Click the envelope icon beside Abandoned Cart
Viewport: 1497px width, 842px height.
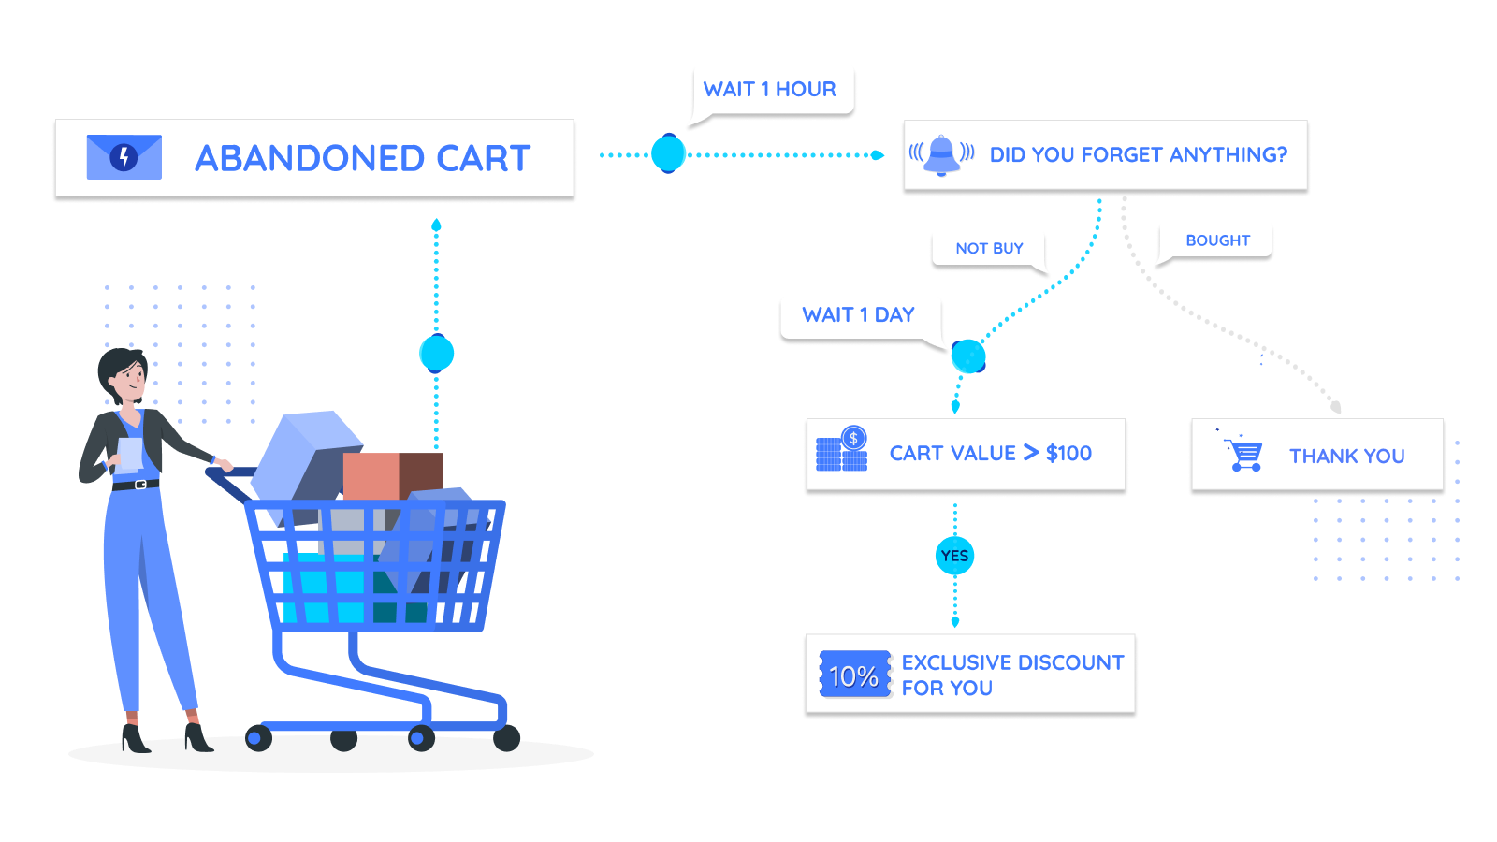124,157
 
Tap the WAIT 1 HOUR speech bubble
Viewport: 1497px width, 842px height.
770,90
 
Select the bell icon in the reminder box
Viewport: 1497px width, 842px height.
941,154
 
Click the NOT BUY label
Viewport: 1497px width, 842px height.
989,249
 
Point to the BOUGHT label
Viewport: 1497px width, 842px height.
1217,240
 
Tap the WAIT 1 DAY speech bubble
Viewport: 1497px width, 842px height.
858,315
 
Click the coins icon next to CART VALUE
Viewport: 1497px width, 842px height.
842,450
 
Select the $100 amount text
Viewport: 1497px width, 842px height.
1068,454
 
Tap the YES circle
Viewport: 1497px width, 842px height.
954,556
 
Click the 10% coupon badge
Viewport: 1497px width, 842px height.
854,675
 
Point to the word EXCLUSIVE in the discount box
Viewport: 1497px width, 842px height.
953,662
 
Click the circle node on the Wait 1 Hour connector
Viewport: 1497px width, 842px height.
668,154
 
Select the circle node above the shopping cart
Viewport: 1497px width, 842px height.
436,354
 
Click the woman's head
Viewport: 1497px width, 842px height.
125,374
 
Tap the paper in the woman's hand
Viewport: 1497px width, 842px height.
130,453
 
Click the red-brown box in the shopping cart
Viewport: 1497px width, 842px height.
393,475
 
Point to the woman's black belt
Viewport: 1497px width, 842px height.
136,485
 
